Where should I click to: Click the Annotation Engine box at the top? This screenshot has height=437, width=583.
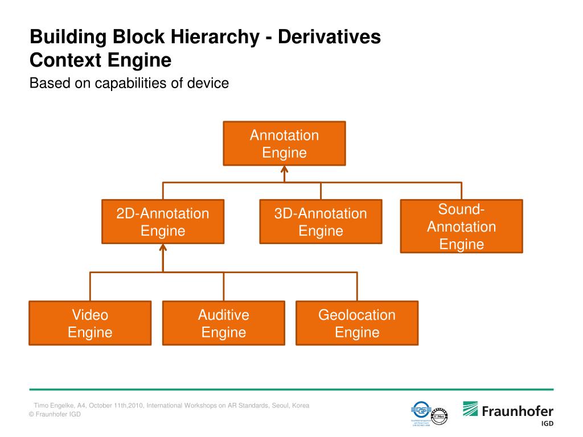pyautogui.click(x=284, y=143)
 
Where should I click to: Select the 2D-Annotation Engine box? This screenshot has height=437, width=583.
pyautogui.click(x=163, y=222)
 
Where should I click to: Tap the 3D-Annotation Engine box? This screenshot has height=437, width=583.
pyautogui.click(x=321, y=222)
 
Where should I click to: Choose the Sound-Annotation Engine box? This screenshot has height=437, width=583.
pyautogui.click(x=461, y=226)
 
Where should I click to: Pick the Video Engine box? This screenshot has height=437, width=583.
pyautogui.click(x=90, y=323)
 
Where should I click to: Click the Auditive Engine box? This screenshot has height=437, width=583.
pyautogui.click(x=223, y=323)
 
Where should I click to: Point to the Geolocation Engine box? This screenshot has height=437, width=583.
pyautogui.click(x=357, y=323)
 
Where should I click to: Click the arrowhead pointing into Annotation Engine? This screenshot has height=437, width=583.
pyautogui.click(x=284, y=169)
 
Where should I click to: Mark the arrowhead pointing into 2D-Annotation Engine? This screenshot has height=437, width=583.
pyautogui.click(x=163, y=248)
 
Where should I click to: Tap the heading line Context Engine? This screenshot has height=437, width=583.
pyautogui.click(x=100, y=60)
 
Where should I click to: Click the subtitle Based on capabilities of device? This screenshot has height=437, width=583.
pyautogui.click(x=129, y=83)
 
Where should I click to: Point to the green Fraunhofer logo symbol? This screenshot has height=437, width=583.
pyautogui.click(x=470, y=409)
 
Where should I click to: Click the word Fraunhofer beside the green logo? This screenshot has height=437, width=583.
pyautogui.click(x=518, y=411)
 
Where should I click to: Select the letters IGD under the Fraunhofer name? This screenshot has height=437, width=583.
pyautogui.click(x=545, y=424)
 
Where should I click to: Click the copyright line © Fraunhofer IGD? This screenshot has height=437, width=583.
pyautogui.click(x=55, y=414)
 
